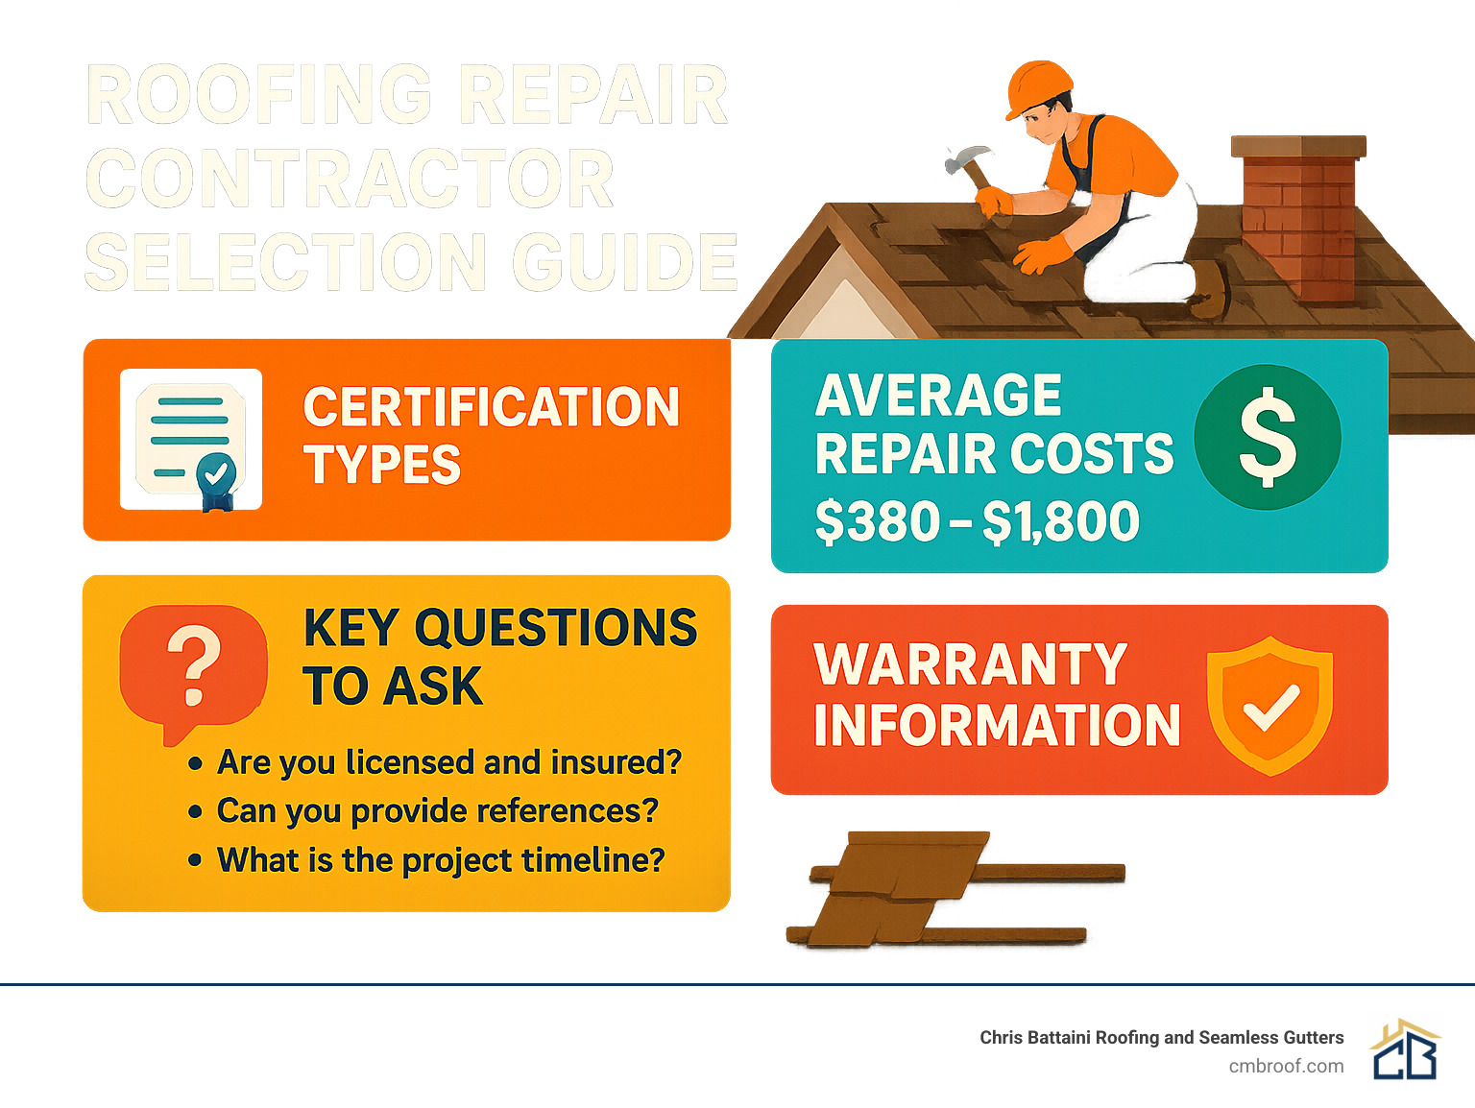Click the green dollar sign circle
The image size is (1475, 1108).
[1268, 437]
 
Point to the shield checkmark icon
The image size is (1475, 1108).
[1269, 706]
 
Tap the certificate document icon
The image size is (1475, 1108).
[191, 439]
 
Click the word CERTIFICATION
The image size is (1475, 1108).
[492, 407]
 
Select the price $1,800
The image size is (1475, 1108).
[1061, 522]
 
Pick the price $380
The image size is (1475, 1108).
[878, 522]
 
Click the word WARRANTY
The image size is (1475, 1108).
[970, 664]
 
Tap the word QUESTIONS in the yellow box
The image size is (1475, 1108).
[556, 628]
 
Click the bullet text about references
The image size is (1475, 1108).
[437, 811]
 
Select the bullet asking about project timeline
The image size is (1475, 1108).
[440, 860]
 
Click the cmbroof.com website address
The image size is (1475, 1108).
[1286, 1066]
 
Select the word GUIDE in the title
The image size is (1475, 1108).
[624, 261]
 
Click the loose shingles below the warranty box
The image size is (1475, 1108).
[903, 888]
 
